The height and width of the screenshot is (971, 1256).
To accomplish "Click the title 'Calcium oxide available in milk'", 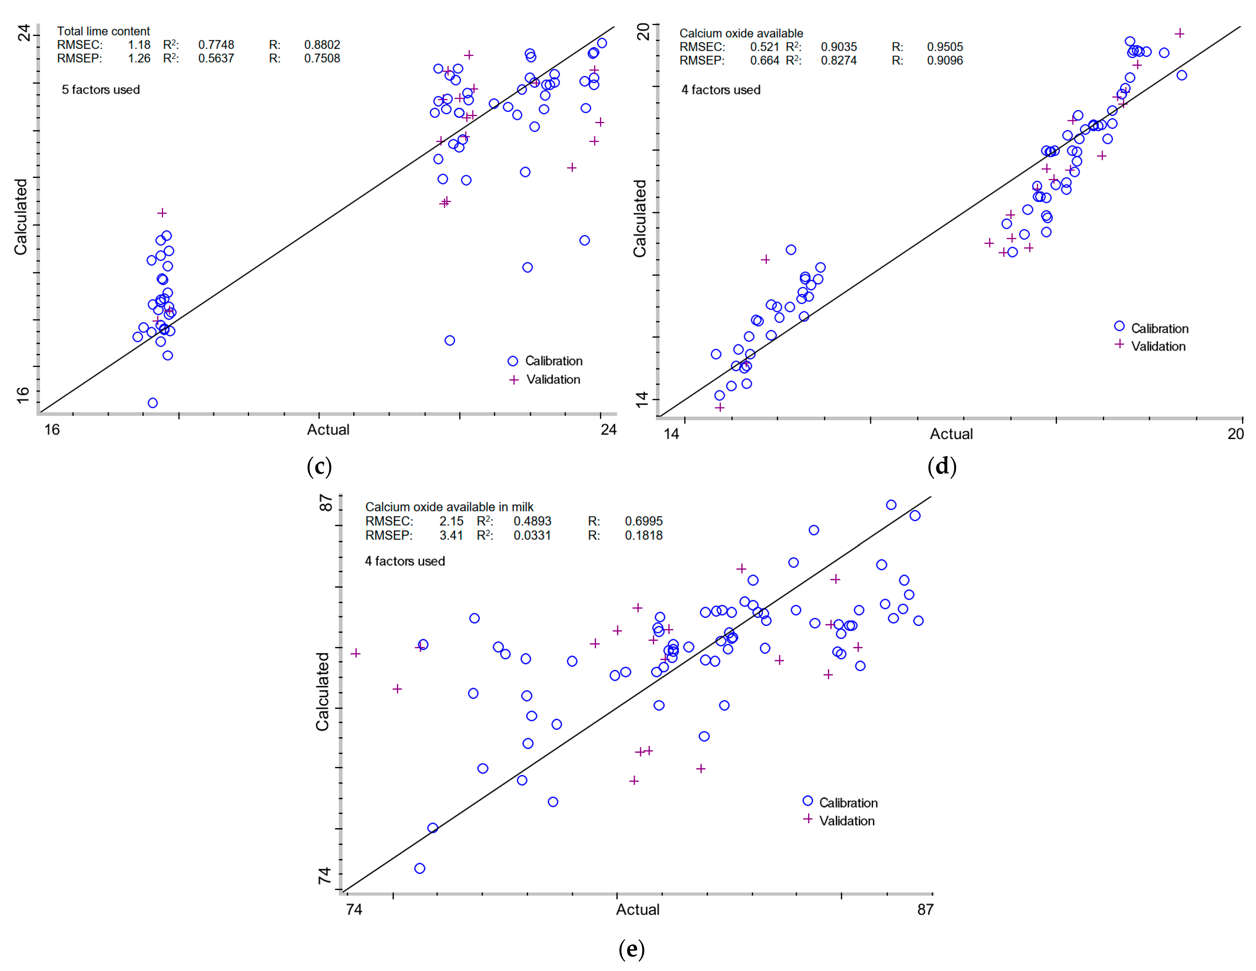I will (449, 507).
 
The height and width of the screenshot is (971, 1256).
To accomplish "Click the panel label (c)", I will (319, 466).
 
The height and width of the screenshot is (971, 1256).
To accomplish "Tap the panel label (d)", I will (942, 466).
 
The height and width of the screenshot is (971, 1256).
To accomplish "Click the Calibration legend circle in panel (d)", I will (1119, 326).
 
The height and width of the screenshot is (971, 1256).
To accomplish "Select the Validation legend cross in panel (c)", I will (513, 380).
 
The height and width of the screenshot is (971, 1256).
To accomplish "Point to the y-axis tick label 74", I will (325, 876).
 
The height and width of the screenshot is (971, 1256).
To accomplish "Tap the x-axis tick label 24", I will (609, 430).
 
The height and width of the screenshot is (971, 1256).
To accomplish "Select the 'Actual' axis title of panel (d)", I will (951, 434).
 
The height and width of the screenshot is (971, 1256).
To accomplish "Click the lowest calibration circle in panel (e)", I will (420, 868).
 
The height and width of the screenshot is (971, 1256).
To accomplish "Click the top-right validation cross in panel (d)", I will (1179, 33).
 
